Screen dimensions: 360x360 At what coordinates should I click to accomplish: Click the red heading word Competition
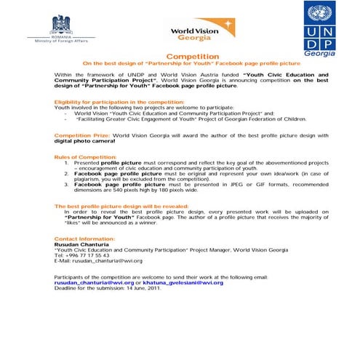click(192, 57)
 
